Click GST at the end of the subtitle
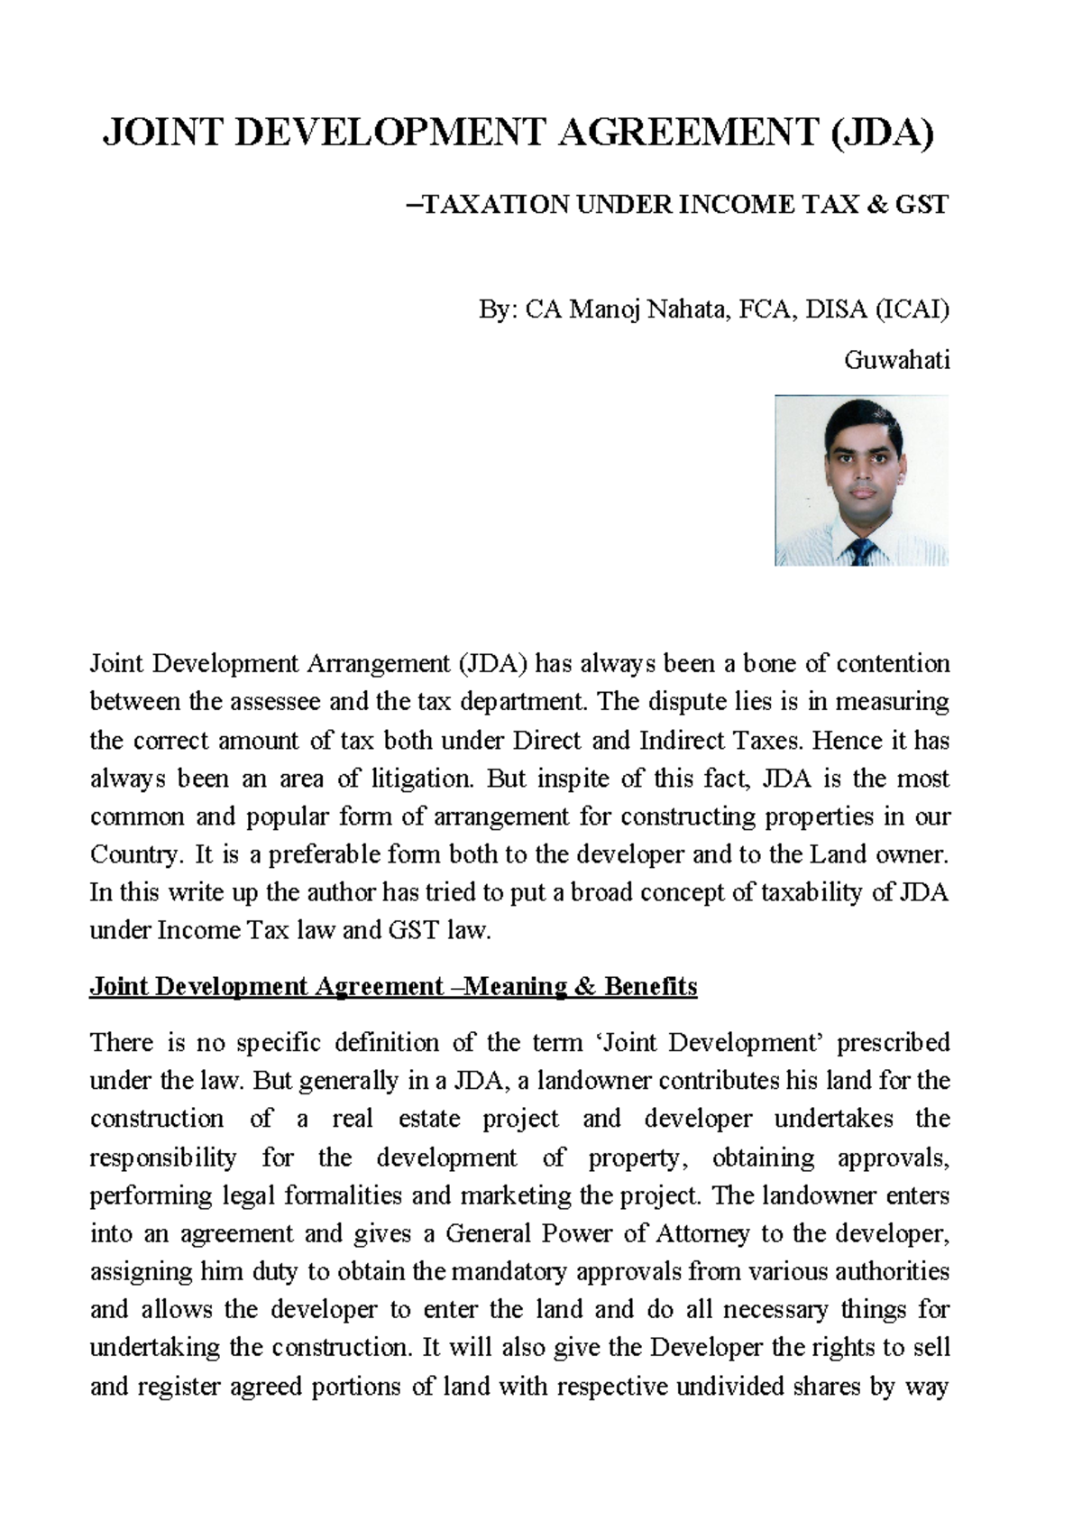coord(920,206)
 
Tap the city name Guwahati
coord(896,362)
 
